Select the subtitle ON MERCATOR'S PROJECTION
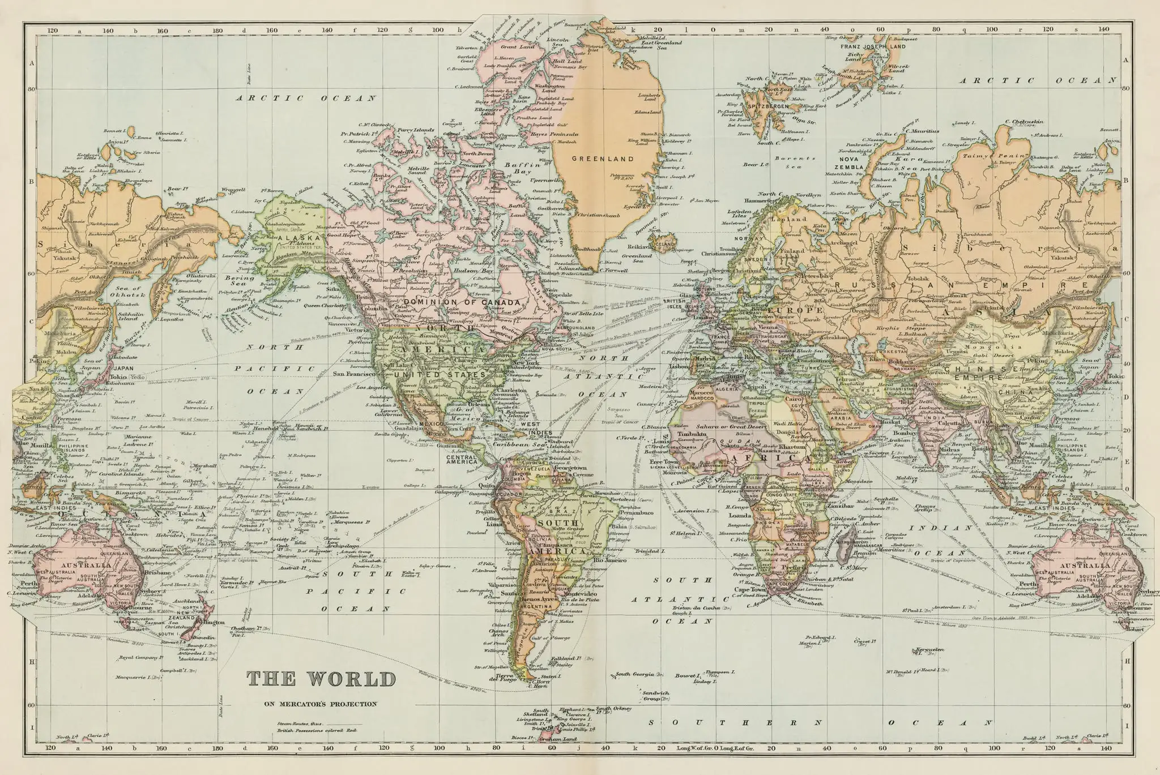(320, 704)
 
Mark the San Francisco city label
(355, 374)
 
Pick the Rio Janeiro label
(609, 560)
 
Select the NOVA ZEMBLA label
(848, 163)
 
